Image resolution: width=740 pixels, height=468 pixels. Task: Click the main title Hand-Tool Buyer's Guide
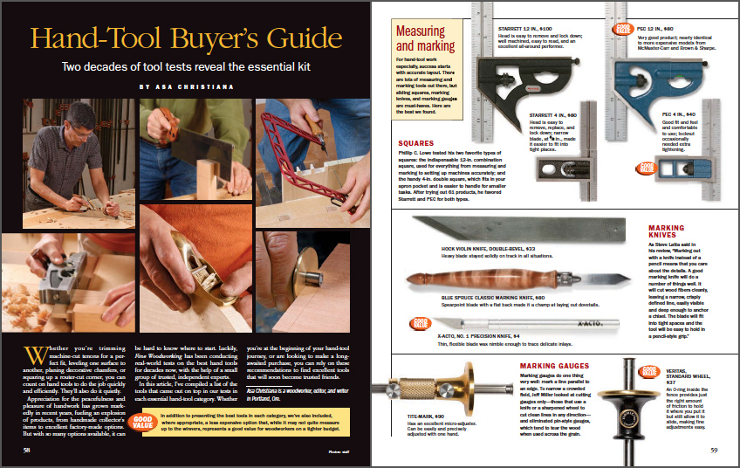pos(186,39)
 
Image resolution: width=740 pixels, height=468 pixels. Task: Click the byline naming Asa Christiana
pos(186,87)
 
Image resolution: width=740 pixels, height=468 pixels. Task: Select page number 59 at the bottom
pos(713,450)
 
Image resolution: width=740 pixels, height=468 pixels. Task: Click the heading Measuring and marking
pos(419,38)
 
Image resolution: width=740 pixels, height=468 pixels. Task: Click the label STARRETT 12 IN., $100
pos(504,28)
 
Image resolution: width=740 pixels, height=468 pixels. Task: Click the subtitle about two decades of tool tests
pos(186,66)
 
